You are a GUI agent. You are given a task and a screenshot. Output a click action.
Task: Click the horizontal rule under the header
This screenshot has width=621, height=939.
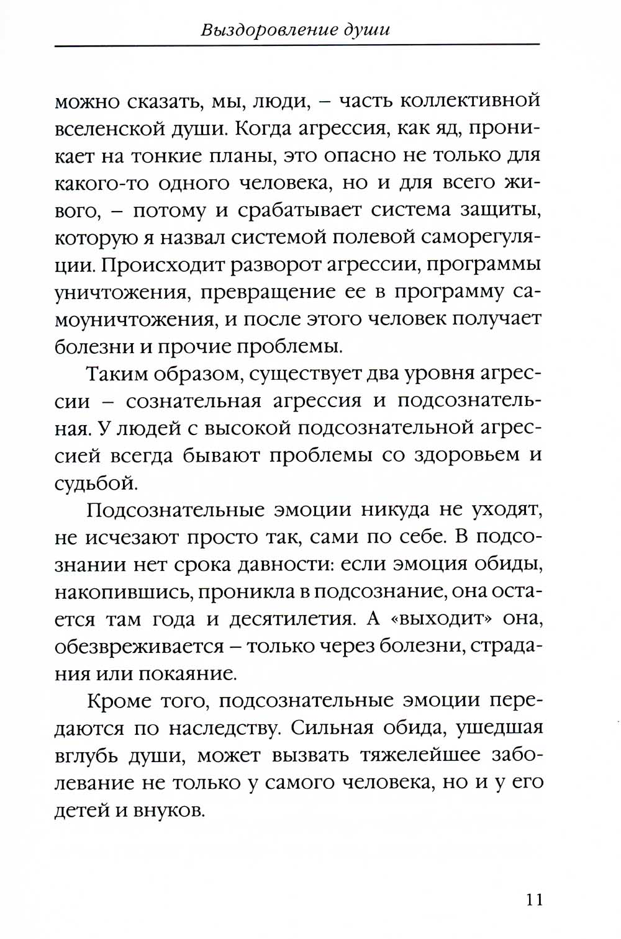297,45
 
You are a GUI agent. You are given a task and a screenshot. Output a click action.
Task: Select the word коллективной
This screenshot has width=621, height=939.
469,101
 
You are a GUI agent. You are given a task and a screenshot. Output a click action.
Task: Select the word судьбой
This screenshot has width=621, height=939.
89,482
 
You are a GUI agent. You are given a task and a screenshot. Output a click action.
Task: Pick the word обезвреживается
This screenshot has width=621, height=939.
139,646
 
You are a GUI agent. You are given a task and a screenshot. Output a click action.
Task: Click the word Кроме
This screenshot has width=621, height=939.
117,701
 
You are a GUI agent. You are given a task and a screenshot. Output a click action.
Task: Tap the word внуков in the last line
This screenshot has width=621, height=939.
169,811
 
